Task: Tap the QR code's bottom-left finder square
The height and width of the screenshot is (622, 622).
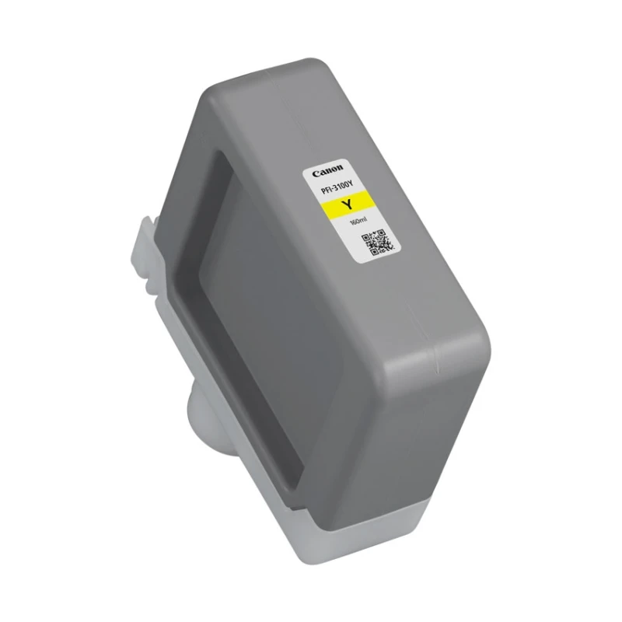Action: click(x=373, y=252)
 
